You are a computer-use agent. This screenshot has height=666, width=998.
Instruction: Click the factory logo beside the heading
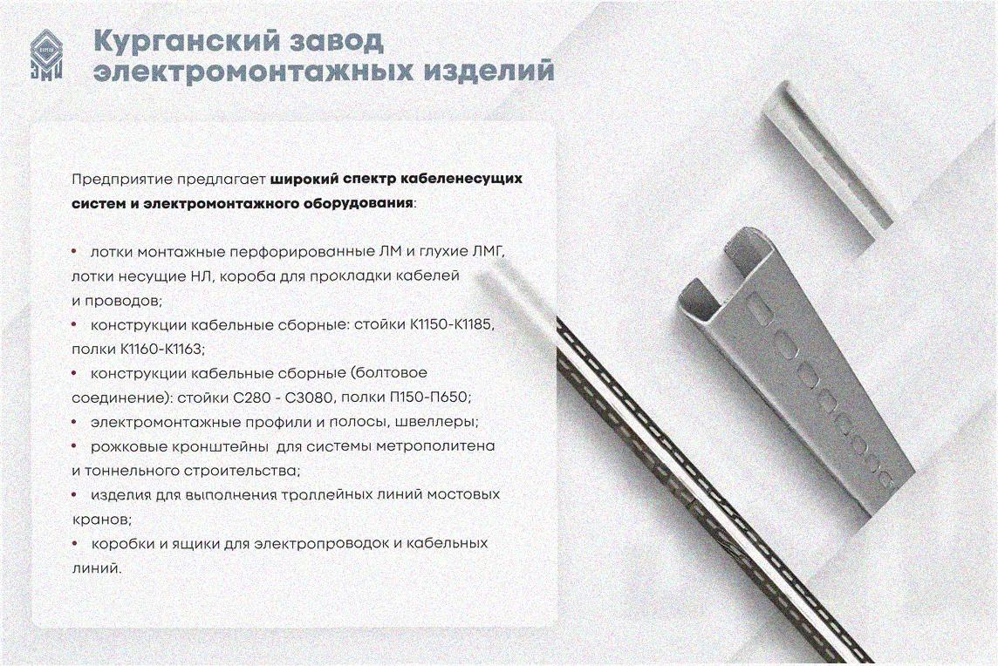[46, 55]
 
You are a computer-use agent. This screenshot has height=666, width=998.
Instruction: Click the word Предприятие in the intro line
[122, 180]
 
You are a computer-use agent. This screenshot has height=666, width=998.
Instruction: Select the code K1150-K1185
[451, 324]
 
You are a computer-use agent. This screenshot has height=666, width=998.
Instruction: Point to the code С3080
[309, 398]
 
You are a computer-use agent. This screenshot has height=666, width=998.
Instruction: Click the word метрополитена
[435, 446]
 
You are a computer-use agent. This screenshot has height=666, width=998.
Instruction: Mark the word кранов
[100, 520]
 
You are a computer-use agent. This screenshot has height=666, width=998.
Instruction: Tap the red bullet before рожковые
[75, 446]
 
